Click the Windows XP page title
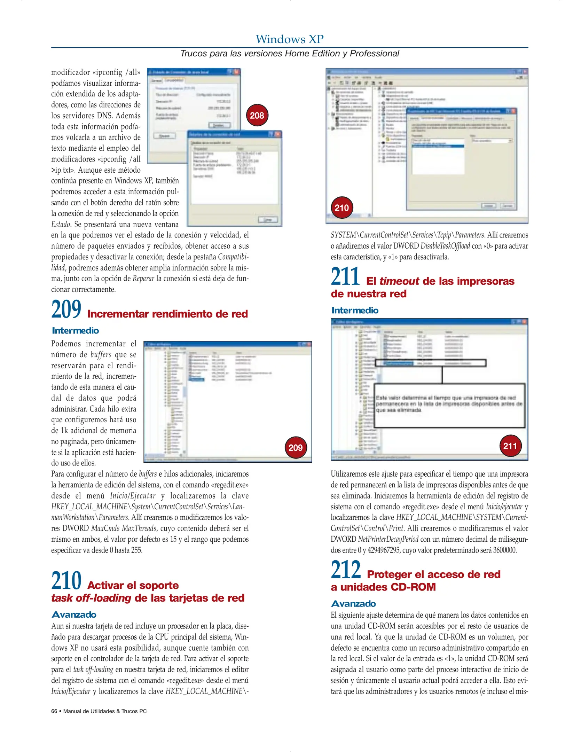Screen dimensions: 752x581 click(290, 39)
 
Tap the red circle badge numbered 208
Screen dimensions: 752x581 click(257, 115)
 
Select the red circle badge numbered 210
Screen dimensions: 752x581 click(341, 208)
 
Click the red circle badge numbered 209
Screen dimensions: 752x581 click(296, 447)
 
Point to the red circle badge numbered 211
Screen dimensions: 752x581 click(510, 446)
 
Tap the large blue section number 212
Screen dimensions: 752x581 click(346, 570)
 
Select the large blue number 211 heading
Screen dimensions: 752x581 click(345, 276)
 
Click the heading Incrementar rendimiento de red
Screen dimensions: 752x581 click(167, 314)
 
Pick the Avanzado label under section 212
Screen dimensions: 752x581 click(353, 604)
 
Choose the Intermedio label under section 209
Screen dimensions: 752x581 click(75, 331)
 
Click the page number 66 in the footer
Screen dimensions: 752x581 click(54, 711)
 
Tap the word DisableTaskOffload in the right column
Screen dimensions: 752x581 click(445, 246)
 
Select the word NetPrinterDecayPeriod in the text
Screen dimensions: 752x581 click(388, 539)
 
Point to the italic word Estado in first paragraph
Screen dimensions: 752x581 click(61, 225)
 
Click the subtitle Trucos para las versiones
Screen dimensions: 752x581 click(290, 54)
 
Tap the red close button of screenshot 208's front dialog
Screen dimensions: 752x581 click(278, 134)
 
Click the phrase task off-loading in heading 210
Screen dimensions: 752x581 click(91, 598)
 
